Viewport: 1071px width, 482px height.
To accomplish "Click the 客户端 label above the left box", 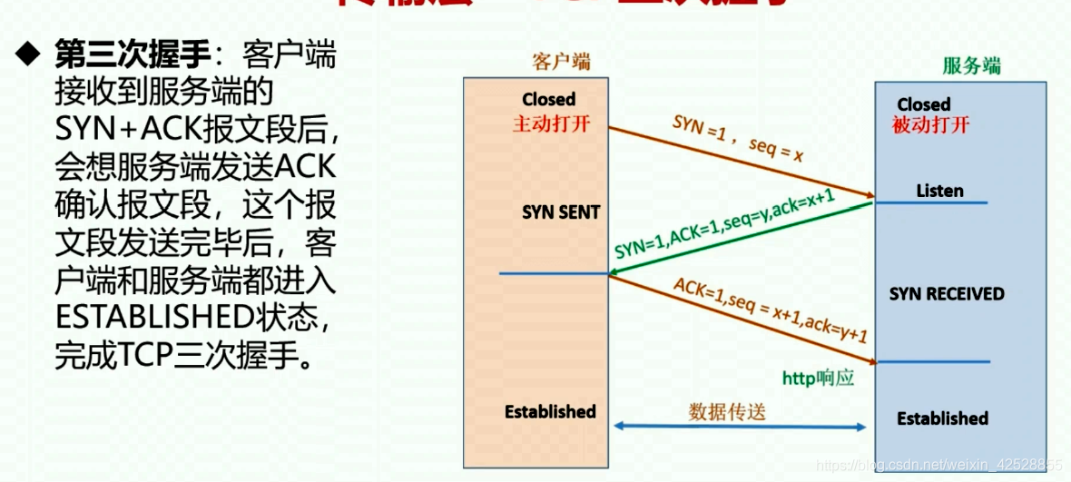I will coord(561,62).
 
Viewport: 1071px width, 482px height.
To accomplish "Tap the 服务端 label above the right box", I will coord(971,66).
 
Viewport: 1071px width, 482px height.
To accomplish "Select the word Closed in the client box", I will coord(549,99).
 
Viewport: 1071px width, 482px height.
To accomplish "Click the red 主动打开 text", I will coord(551,123).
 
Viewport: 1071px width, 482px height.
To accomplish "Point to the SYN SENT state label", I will coord(561,212).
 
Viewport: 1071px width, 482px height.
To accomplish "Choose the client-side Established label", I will coord(550,411).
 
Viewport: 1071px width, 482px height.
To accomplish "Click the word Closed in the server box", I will coord(924,104).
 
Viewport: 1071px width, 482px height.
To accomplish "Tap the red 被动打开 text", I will coord(930,125).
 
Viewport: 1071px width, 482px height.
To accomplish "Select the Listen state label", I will coord(939,191).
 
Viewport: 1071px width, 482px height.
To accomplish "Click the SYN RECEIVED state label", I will coord(947,294).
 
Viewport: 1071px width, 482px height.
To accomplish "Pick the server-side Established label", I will coord(942,418).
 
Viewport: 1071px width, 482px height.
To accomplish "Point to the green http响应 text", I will coord(818,378).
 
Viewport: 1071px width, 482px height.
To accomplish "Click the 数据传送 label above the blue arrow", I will coord(727,411).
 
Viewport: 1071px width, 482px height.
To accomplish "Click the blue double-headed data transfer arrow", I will coord(739,427).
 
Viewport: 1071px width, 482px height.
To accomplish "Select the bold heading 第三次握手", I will coord(131,56).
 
